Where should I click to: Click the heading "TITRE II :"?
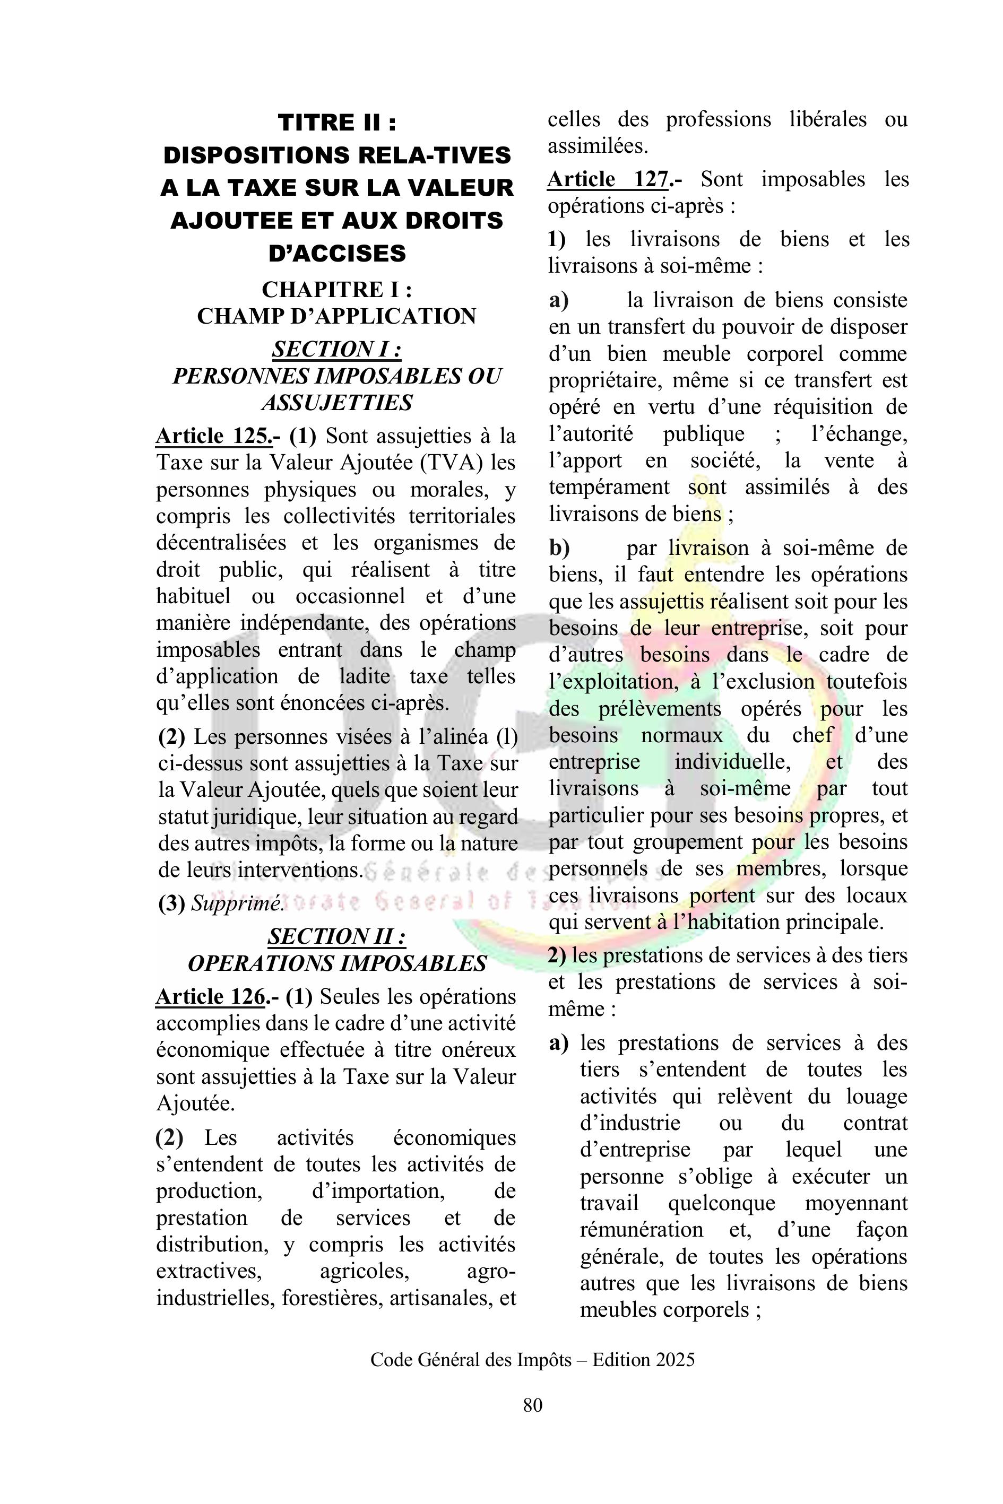(337, 122)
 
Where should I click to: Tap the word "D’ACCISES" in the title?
(337, 253)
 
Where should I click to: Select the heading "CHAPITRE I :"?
(336, 289)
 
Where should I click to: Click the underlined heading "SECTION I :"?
(336, 349)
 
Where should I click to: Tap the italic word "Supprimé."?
(237, 903)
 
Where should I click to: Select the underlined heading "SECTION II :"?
(336, 936)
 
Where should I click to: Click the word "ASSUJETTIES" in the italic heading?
(336, 403)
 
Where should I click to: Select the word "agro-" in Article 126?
(491, 1272)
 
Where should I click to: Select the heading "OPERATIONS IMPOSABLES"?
(336, 963)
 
